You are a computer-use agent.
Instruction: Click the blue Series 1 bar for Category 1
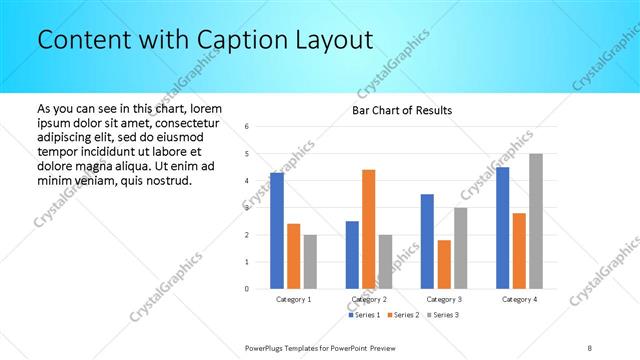pyautogui.click(x=276, y=231)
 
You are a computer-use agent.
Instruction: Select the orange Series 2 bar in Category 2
pyautogui.click(x=368, y=229)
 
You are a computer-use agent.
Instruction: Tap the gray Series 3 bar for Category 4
pyautogui.click(x=536, y=221)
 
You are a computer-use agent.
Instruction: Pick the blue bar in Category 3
pyautogui.click(x=427, y=241)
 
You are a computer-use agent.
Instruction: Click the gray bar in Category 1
pyautogui.click(x=310, y=262)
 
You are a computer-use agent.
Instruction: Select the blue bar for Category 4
pyautogui.click(x=503, y=228)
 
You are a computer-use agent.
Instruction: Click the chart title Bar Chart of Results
pyautogui.click(x=401, y=110)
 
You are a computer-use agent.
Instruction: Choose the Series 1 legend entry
pyautogui.click(x=362, y=316)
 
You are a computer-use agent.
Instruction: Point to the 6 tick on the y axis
pyautogui.click(x=247, y=126)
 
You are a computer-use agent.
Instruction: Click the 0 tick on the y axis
pyautogui.click(x=247, y=289)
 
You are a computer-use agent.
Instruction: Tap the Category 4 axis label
pyautogui.click(x=519, y=299)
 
